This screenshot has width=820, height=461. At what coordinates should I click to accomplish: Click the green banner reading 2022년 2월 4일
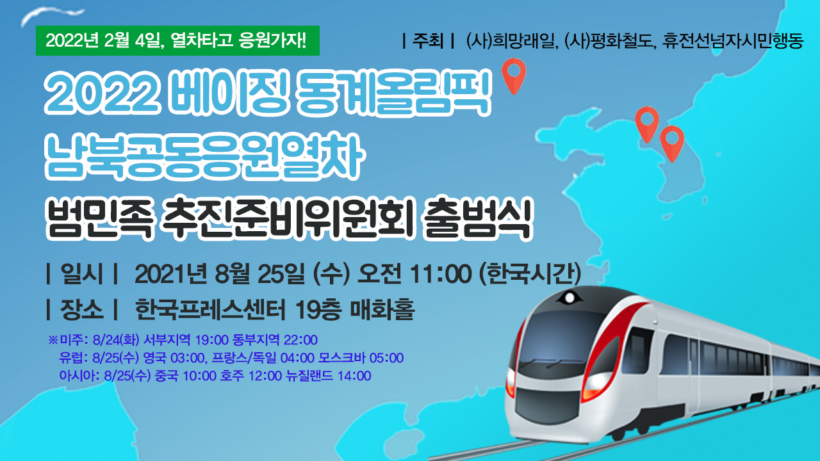pos(177,40)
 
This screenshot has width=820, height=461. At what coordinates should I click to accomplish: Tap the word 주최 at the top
pos(428,40)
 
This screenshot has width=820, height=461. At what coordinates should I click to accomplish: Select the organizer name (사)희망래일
pos(511,41)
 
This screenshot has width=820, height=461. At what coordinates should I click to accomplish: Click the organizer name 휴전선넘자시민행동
pos(732,41)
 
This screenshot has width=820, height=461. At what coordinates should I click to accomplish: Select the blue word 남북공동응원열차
pos(204,158)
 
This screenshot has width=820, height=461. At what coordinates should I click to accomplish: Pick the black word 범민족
pos(99,218)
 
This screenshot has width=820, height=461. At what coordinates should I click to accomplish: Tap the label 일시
pos(81,273)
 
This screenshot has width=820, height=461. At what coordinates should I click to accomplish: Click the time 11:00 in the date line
pos(440,273)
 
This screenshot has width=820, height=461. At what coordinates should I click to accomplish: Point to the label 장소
pos(81,309)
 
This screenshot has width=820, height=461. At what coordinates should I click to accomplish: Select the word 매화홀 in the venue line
pos(382,309)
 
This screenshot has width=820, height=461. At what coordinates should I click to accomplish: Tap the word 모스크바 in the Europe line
pos(341,357)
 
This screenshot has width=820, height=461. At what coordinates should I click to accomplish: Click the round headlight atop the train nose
pos(570,298)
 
